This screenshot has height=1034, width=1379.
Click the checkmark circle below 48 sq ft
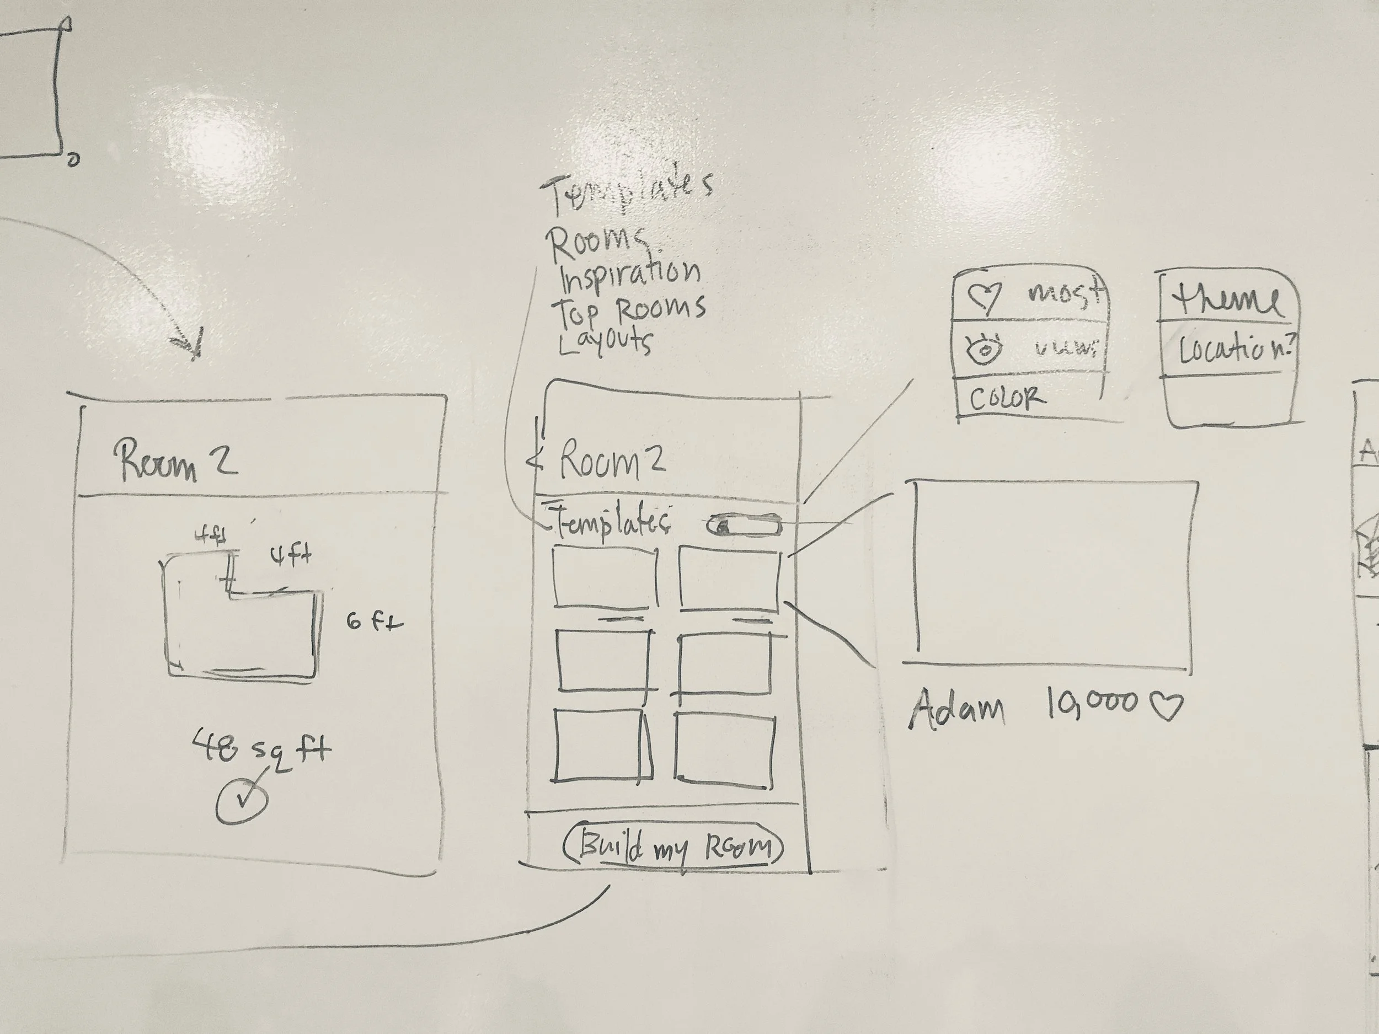point(242,801)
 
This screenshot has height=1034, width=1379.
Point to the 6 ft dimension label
point(374,622)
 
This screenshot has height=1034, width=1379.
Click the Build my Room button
point(674,847)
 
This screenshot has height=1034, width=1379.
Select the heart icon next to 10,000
point(1165,706)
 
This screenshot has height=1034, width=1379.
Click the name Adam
point(957,709)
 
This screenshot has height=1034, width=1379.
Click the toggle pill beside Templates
point(743,526)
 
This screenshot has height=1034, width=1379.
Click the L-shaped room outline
point(243,630)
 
